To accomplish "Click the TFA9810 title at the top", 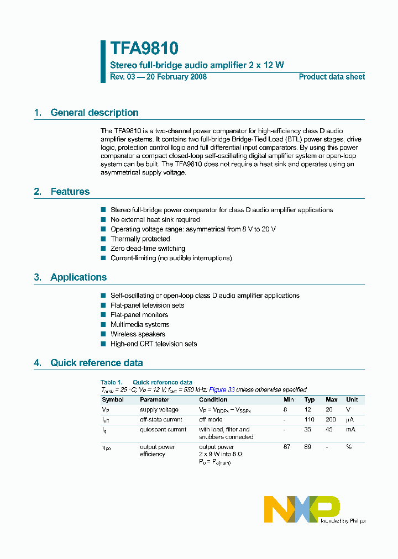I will [x=144, y=49].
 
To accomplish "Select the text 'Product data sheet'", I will [x=332, y=77].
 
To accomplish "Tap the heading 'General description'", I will [x=94, y=113].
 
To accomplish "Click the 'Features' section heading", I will [x=70, y=192].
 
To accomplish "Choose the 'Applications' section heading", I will [x=78, y=277].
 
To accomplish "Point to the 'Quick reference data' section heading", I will [x=96, y=363].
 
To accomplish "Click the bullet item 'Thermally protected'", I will [x=140, y=239].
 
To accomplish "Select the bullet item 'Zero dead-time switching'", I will [x=148, y=249].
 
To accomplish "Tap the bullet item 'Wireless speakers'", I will [x=138, y=334].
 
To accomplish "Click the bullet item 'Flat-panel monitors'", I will [x=139, y=315].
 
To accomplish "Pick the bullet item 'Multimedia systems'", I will [x=140, y=325].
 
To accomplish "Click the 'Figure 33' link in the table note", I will [x=222, y=389].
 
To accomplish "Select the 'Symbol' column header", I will [x=113, y=399].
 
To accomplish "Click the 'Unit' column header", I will [x=352, y=399].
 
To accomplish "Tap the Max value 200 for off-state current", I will [x=331, y=420].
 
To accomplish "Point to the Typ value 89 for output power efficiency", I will [x=308, y=447].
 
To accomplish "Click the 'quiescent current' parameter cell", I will [x=163, y=429].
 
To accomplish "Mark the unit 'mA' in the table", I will [x=350, y=429].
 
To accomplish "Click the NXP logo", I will [x=301, y=508].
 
